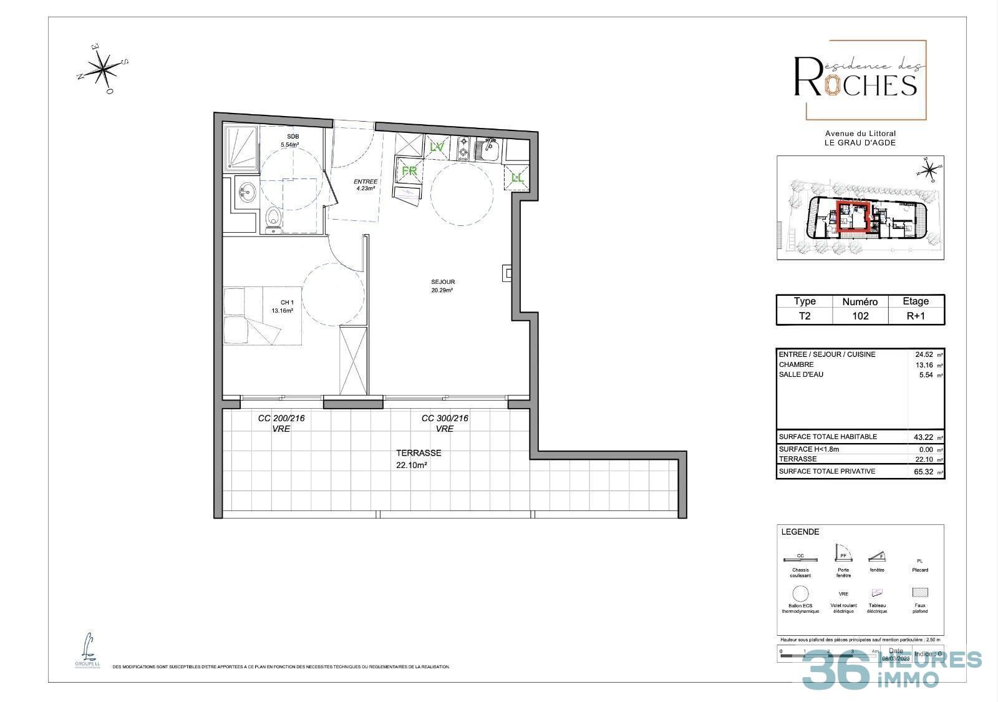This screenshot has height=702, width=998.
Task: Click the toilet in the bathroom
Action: click(x=273, y=220)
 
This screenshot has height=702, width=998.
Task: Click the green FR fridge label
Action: click(x=409, y=170)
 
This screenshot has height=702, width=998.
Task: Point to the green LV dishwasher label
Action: click(x=437, y=147)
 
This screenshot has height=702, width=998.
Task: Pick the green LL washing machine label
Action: click(x=517, y=178)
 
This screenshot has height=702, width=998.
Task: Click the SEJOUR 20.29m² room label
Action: click(x=442, y=286)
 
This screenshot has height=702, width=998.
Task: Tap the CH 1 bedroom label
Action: click(x=282, y=306)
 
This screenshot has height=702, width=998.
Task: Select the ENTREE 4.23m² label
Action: click(x=366, y=185)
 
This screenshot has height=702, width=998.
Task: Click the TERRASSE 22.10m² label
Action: click(x=419, y=459)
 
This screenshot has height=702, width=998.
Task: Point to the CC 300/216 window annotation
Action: click(x=445, y=423)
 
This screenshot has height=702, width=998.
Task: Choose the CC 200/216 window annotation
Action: click(x=281, y=423)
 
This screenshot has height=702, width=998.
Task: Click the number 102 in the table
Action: click(x=860, y=316)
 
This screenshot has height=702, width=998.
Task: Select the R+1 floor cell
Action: click(x=916, y=316)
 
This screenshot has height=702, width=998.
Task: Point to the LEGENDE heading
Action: click(x=800, y=532)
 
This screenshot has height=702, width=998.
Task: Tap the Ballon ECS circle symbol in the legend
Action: click(x=800, y=593)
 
